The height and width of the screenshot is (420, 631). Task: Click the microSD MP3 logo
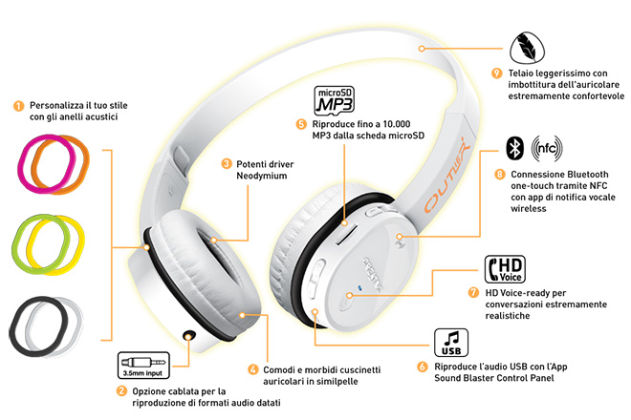[x=334, y=100]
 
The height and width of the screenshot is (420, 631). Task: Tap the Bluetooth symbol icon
[x=514, y=148]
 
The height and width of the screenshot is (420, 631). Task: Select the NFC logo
[x=547, y=148]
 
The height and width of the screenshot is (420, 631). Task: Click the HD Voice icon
[x=505, y=269]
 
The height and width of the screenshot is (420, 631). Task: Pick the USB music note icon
[x=451, y=343]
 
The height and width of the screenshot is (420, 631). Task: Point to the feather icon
[x=527, y=49]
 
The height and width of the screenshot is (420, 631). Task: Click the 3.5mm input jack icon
[x=143, y=365]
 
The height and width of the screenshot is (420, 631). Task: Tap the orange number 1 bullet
[x=18, y=106]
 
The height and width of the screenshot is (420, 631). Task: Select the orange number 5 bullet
[x=301, y=124]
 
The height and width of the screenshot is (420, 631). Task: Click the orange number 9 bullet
[x=496, y=73]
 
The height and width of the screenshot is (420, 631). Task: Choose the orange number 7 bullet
[x=474, y=292]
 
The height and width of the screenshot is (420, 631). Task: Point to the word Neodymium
[x=262, y=176]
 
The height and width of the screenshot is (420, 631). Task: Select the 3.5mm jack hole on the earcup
[x=189, y=334]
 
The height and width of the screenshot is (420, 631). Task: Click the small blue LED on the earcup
[x=359, y=287]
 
